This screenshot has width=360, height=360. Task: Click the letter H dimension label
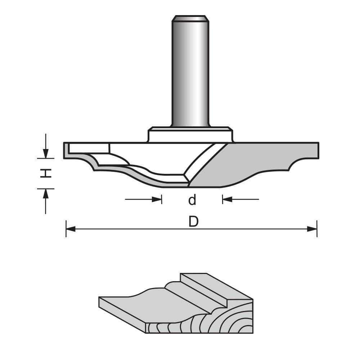45,173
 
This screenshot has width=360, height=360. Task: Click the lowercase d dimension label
192,200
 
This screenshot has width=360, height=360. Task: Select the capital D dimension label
194,222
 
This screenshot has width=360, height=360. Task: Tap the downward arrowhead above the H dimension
46,153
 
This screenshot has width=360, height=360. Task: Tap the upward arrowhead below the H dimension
46,194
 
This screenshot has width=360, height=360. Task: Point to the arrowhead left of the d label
157,199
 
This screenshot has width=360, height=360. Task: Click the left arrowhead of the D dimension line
71,229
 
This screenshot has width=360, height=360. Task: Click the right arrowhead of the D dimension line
312,229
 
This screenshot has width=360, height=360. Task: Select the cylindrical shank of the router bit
190,72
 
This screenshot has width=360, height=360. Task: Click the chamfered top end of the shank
190,18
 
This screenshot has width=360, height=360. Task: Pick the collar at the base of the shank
190,135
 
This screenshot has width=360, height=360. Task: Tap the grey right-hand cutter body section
252,162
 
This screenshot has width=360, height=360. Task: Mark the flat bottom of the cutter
205,186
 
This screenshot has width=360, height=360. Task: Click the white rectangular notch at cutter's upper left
89,148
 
